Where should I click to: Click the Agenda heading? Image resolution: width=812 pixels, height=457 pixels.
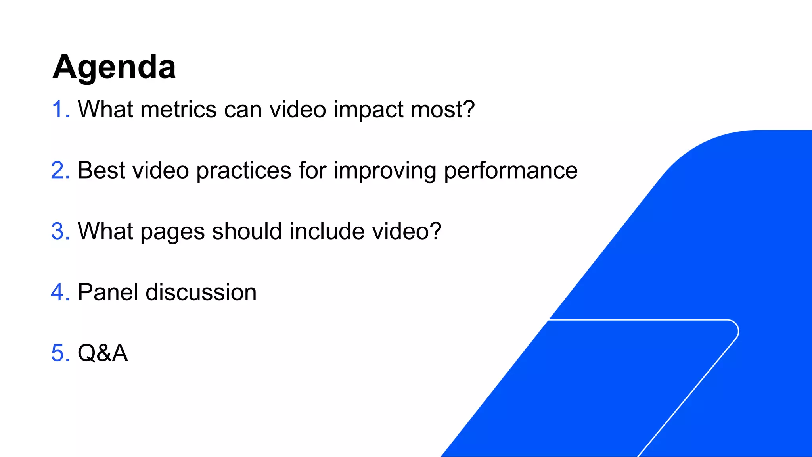point(114,67)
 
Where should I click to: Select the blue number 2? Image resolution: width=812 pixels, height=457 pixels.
point(60,170)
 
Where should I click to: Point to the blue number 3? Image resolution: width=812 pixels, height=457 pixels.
point(60,231)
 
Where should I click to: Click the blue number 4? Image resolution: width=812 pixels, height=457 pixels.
point(60,292)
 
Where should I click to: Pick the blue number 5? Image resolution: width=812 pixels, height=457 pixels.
point(60,353)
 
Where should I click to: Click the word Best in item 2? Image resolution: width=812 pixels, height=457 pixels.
point(101,170)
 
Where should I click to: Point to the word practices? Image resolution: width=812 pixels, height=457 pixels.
point(243,171)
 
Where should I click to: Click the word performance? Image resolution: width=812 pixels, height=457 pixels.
point(510,171)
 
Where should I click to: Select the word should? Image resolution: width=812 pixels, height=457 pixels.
point(247,231)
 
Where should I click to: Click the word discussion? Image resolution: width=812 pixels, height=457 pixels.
point(201,292)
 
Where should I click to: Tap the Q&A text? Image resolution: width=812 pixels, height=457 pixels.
point(103,353)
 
